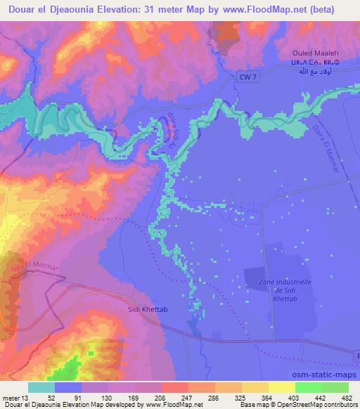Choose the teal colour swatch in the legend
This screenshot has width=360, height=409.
[x=41, y=387]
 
